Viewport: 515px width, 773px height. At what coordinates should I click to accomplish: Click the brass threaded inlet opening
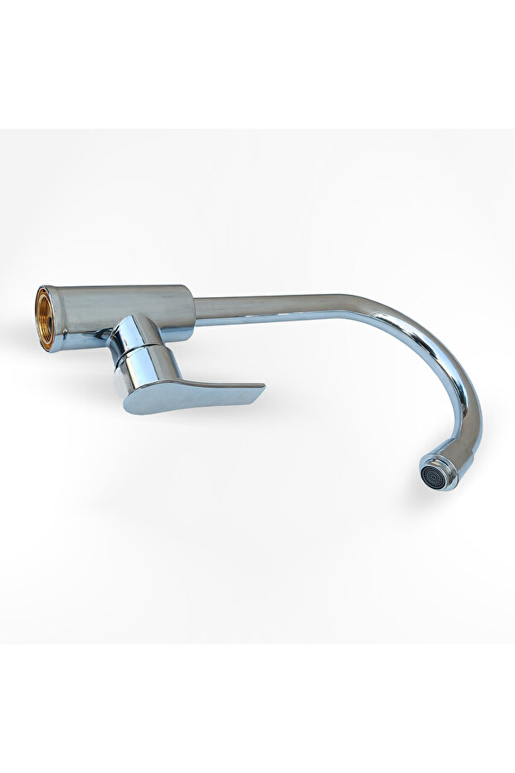click(45, 318)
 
